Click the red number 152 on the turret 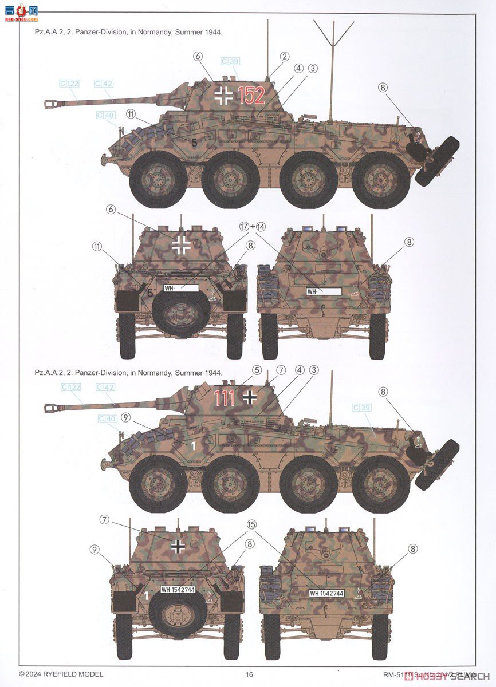(x=251, y=95)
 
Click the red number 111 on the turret (x=225, y=398)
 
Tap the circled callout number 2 (x=284, y=56)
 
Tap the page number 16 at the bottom (x=249, y=674)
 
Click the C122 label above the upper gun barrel (x=69, y=84)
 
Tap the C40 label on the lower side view (x=106, y=418)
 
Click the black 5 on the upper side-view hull (x=194, y=143)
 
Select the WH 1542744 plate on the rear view (x=326, y=593)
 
